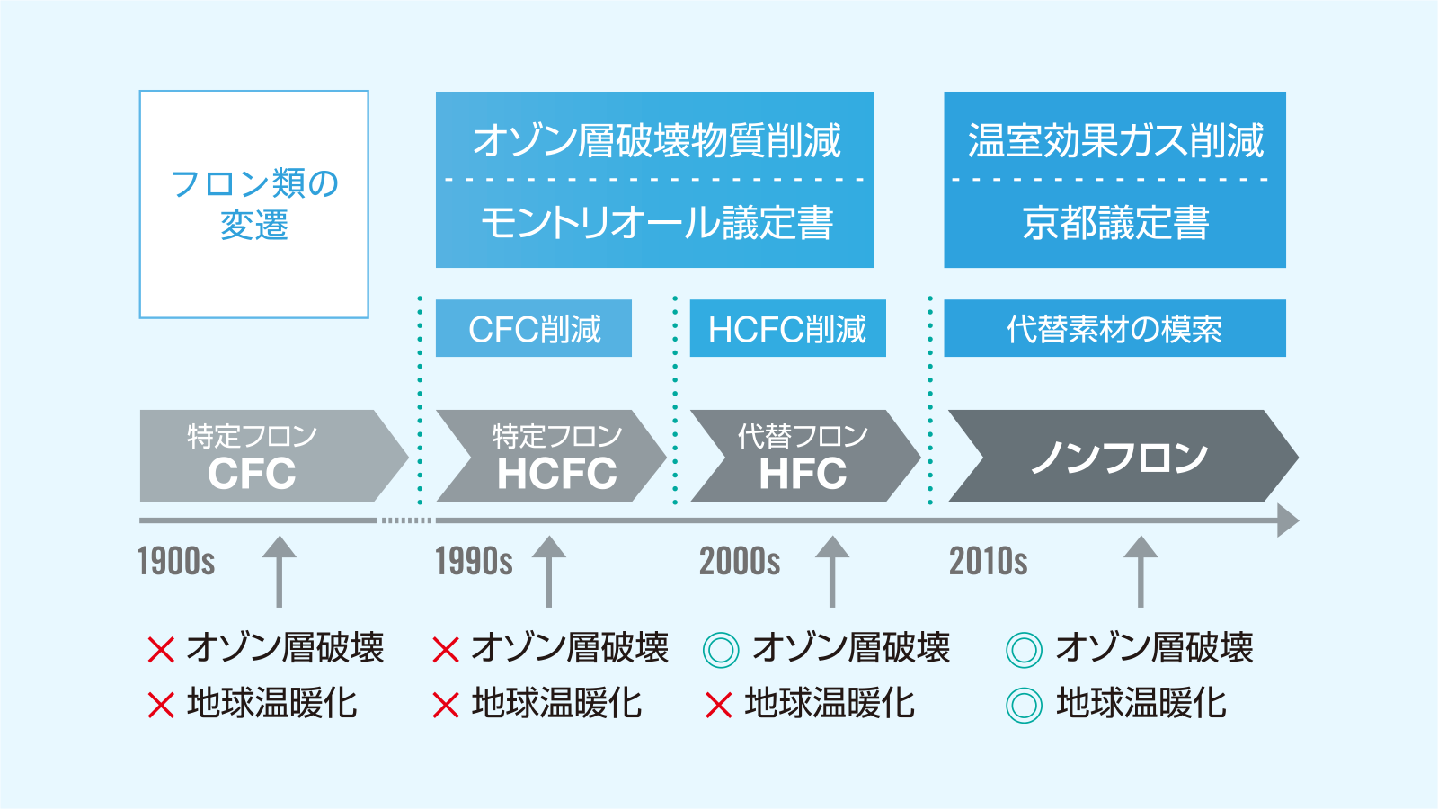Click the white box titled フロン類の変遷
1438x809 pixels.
pyautogui.click(x=253, y=204)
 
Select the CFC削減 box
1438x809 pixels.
pyautogui.click(x=534, y=328)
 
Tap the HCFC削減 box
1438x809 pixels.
pyautogui.click(x=787, y=328)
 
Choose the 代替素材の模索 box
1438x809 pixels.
pyautogui.click(x=1114, y=328)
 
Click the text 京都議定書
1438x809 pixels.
pyautogui.click(x=1115, y=223)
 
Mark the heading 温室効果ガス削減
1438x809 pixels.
pyautogui.click(x=1115, y=140)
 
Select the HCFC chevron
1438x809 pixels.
pyautogui.click(x=552, y=456)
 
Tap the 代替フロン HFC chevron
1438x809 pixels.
pyautogui.click(x=805, y=456)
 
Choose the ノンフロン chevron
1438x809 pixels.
pyautogui.click(x=1123, y=456)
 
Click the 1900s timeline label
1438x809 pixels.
pyautogui.click(x=176, y=561)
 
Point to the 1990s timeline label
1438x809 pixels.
pyautogui.click(x=474, y=561)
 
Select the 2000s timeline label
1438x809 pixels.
pyautogui.click(x=740, y=561)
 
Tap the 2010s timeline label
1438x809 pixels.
pyautogui.click(x=988, y=561)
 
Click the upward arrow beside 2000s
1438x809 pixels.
pyautogui.click(x=832, y=572)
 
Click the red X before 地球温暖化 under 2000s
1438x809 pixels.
pyautogui.click(x=718, y=705)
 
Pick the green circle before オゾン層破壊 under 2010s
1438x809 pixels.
pyautogui.click(x=1024, y=650)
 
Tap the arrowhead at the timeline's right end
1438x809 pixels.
pyautogui.click(x=1287, y=520)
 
